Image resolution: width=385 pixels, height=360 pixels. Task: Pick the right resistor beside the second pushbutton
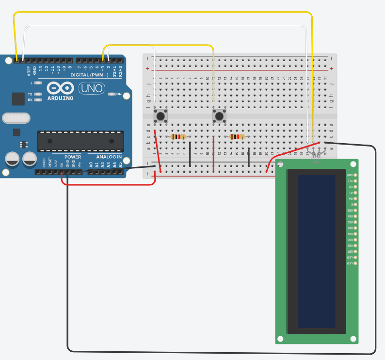(237, 137)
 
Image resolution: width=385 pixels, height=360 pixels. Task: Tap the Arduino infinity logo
(61, 88)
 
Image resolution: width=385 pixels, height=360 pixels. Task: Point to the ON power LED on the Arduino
(112, 94)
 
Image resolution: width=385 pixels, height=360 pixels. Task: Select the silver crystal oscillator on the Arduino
(16, 118)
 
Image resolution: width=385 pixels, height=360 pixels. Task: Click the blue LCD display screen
(317, 251)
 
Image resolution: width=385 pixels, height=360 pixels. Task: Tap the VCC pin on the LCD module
(355, 181)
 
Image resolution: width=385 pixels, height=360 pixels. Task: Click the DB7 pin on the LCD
(355, 251)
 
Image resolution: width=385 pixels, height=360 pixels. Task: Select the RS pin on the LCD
(355, 193)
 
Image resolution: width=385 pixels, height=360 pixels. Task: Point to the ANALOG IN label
(109, 157)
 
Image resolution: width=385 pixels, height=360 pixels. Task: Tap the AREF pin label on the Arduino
(29, 71)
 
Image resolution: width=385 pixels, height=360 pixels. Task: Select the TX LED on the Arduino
(37, 94)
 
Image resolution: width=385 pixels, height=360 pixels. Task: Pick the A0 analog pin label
(91, 165)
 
